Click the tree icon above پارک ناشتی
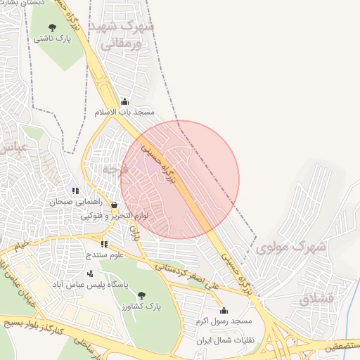51,27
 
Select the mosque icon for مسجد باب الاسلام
125,101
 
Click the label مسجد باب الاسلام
124,112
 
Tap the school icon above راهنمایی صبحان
74,190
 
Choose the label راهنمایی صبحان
70,201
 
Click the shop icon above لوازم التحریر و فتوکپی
114,205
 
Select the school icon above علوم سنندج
104,244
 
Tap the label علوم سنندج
104,255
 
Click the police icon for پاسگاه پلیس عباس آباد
89,274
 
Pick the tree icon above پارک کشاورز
141,295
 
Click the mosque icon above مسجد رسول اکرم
224,310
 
